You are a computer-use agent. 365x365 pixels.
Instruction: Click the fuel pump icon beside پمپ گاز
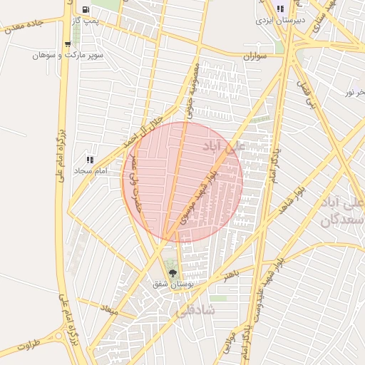(x=86, y=10)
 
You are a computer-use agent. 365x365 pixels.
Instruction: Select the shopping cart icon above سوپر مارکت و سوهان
(x=68, y=44)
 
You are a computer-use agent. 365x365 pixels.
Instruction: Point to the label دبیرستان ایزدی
(x=281, y=20)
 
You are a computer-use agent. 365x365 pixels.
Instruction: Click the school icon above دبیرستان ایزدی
(x=281, y=9)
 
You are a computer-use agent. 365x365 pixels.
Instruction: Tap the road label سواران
(x=255, y=56)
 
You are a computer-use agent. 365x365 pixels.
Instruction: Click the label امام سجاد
(x=90, y=171)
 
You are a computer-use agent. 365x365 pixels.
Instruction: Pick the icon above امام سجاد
(x=90, y=160)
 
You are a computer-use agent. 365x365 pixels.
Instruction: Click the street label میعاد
(x=109, y=310)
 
